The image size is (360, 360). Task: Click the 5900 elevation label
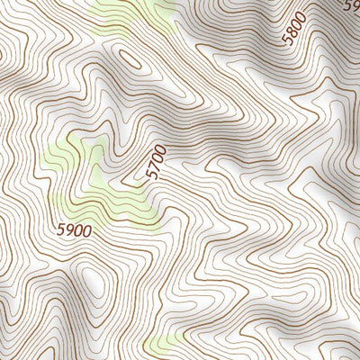pos(74,229)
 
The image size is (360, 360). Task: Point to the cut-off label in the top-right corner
pos(353,4)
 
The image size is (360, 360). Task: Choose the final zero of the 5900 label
pos(87,229)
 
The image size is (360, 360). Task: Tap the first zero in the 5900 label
pos(78,229)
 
